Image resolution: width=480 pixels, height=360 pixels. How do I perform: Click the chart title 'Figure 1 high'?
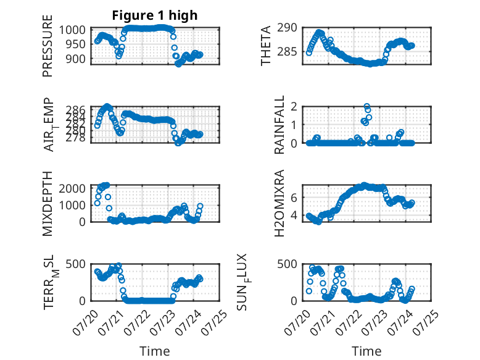[x=155, y=15]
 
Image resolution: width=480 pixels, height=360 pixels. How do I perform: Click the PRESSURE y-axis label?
[x=48, y=46]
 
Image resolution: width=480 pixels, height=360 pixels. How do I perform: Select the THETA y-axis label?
[x=266, y=46]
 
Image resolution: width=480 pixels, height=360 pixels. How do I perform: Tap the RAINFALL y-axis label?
[x=279, y=125]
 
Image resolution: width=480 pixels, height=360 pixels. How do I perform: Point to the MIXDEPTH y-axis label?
[x=48, y=204]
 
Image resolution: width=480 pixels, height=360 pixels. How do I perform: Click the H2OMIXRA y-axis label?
[x=279, y=203]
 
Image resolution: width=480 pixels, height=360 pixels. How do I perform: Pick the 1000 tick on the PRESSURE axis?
[x=72, y=30]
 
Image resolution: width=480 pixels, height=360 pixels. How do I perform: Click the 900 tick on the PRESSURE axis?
[x=76, y=59]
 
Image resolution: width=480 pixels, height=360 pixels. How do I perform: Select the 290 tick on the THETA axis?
[x=287, y=28]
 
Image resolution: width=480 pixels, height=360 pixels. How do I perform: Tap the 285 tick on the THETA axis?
[x=287, y=52]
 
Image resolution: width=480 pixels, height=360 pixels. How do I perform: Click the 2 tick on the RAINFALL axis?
[x=294, y=106]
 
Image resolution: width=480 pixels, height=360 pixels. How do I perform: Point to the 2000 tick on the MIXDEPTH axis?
[x=72, y=188]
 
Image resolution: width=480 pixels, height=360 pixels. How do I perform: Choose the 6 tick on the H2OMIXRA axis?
[x=294, y=198]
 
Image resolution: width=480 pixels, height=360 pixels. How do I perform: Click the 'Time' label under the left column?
[x=155, y=351]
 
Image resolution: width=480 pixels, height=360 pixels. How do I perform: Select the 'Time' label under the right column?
[x=366, y=351]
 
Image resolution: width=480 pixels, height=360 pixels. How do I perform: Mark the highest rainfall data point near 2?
[x=366, y=106]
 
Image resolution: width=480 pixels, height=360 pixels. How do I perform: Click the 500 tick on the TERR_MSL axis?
[x=76, y=264]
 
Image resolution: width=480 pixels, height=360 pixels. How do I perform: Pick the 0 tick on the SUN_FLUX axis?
[x=294, y=301]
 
